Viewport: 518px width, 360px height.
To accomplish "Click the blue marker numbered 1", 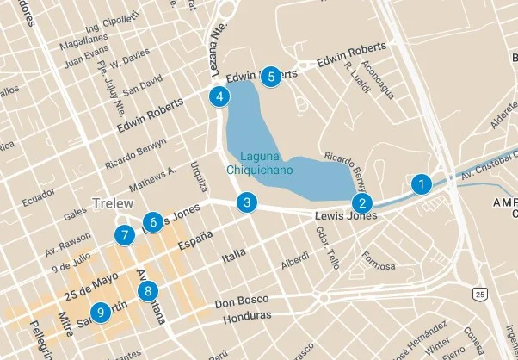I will click(x=421, y=183).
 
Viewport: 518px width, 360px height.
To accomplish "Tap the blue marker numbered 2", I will click(x=362, y=203).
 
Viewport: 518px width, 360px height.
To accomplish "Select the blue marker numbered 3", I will click(x=247, y=203).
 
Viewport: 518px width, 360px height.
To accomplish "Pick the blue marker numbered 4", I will click(x=221, y=96).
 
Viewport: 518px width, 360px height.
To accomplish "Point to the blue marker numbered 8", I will click(x=149, y=290).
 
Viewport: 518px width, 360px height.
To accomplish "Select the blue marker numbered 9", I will click(x=102, y=312).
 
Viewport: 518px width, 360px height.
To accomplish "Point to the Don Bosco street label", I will click(x=237, y=302).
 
